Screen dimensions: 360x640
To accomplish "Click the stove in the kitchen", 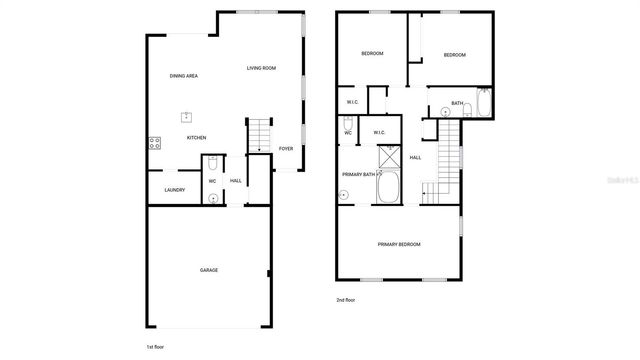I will [x=155, y=142].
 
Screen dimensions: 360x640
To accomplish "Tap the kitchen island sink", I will [x=186, y=116].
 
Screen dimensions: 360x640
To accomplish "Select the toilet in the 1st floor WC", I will [x=213, y=163].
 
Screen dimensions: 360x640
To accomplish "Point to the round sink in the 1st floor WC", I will [x=213, y=198].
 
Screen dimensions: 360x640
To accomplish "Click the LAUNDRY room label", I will [x=173, y=189].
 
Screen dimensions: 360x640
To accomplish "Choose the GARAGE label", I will [x=209, y=270].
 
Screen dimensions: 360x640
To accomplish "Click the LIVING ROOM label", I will [x=261, y=68].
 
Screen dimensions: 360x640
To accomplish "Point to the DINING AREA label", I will [x=183, y=76].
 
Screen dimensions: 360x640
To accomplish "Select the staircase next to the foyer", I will [x=259, y=134].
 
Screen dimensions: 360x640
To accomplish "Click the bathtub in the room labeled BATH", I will [x=483, y=103].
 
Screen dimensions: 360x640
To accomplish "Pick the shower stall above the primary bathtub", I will [x=387, y=159].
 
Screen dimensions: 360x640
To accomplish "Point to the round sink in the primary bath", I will [x=342, y=196].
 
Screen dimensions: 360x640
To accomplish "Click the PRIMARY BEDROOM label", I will [x=398, y=244].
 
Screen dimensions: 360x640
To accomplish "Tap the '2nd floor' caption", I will [x=346, y=300].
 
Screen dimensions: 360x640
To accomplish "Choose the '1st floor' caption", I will [x=156, y=345].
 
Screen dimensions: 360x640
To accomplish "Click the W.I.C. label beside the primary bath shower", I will [x=380, y=132].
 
